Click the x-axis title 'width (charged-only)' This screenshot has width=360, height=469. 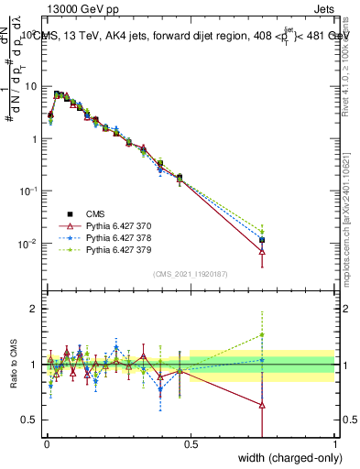click(288, 459)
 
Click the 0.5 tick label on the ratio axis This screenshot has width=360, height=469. click(29, 420)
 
